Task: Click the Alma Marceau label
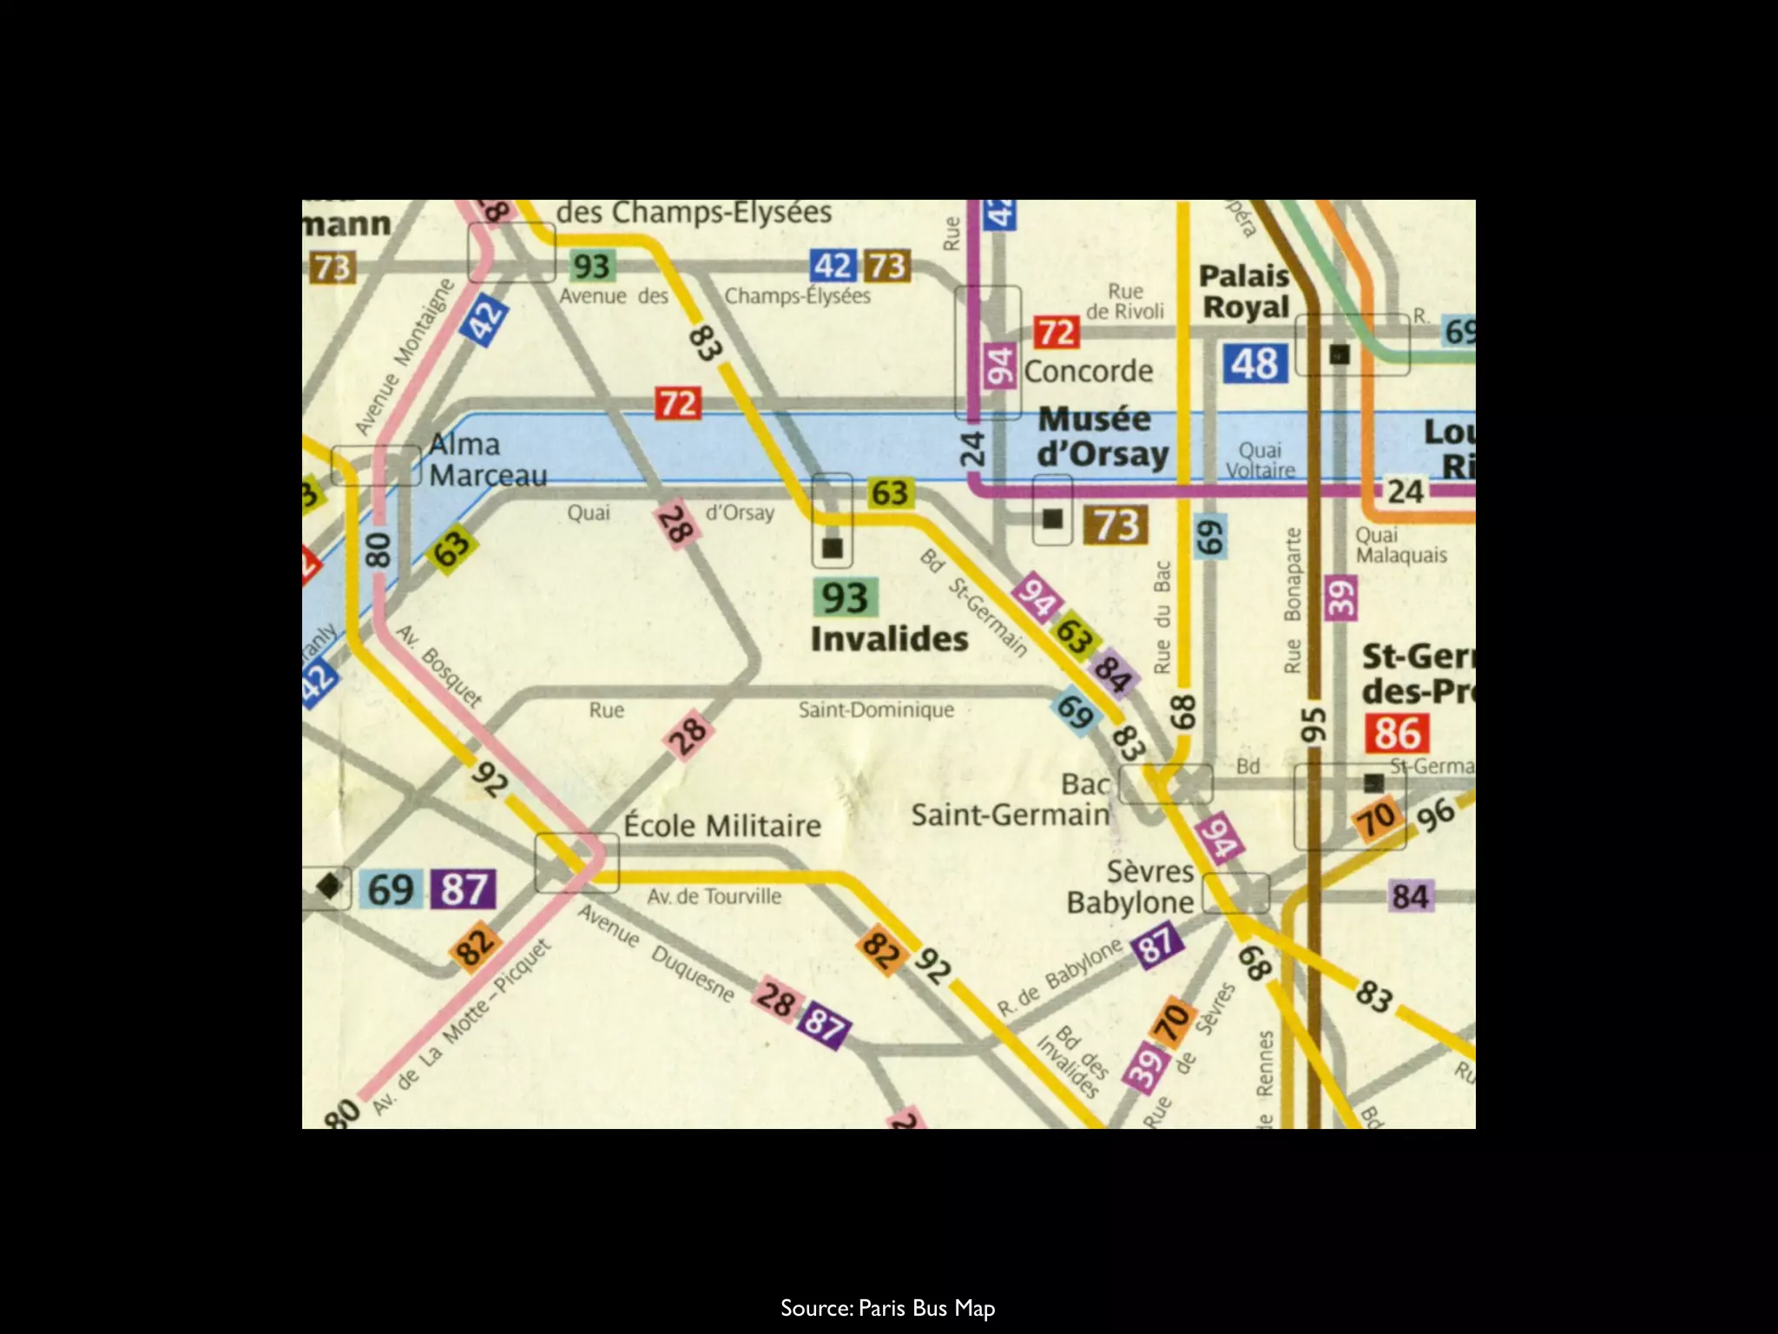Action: pos(488,459)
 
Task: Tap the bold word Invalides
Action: pos(889,639)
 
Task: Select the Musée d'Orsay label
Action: pos(1103,437)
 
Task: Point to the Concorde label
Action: pos(1089,372)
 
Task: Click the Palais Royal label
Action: pos(1245,292)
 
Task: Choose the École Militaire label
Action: pos(722,825)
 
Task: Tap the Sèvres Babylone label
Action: pos(1130,887)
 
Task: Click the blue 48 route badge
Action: pos(1254,364)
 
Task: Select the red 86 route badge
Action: pos(1396,734)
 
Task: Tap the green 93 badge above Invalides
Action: pos(845,598)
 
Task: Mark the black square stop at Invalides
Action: pos(833,548)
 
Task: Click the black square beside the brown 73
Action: pos(1052,518)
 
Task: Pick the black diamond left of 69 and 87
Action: pos(329,887)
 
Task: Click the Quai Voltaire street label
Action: pos(1260,459)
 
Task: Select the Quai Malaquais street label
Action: pos(1400,545)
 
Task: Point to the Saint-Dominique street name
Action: pos(876,710)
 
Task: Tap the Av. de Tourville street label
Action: pos(714,895)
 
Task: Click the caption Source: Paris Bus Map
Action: pos(887,1284)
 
